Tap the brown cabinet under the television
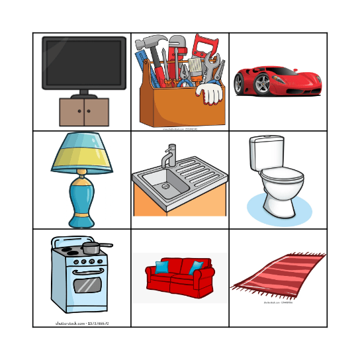[x=83, y=112]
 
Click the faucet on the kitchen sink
[x=170, y=156]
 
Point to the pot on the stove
[x=92, y=248]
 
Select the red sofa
[x=179, y=278]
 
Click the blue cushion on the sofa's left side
[x=161, y=266]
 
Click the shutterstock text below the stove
[x=82, y=324]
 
